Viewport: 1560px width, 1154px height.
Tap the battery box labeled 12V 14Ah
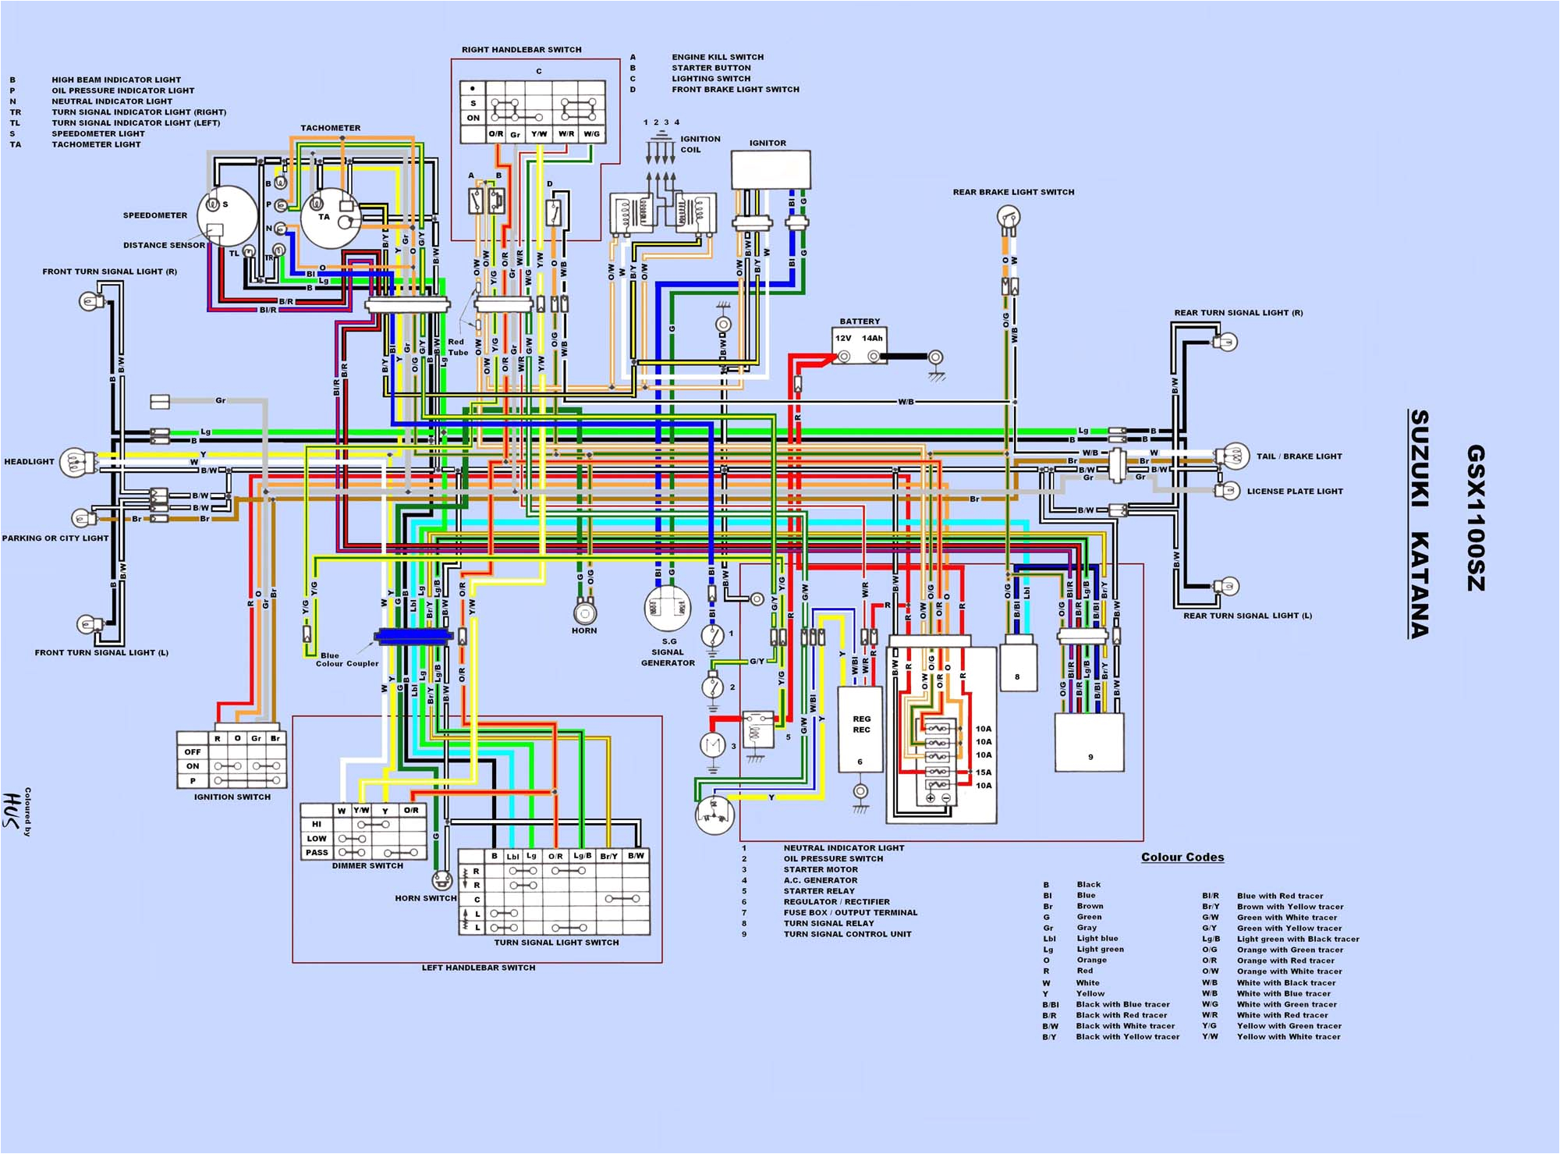pos(859,346)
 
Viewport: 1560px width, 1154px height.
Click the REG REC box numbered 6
pos(860,730)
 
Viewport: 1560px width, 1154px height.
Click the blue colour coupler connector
pos(413,637)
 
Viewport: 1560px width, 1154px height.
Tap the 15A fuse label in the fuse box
pos(984,772)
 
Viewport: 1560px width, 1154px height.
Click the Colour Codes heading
pos(1182,858)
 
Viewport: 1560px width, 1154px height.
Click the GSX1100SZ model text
pos(1476,518)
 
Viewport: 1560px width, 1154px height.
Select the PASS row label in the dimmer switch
pos(317,852)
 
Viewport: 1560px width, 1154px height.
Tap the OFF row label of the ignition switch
pos(193,752)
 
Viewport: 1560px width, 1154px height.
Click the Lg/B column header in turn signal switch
pos(582,856)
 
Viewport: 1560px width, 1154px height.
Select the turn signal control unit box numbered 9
pos(1089,743)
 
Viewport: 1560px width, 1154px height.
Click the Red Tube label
pos(457,347)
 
